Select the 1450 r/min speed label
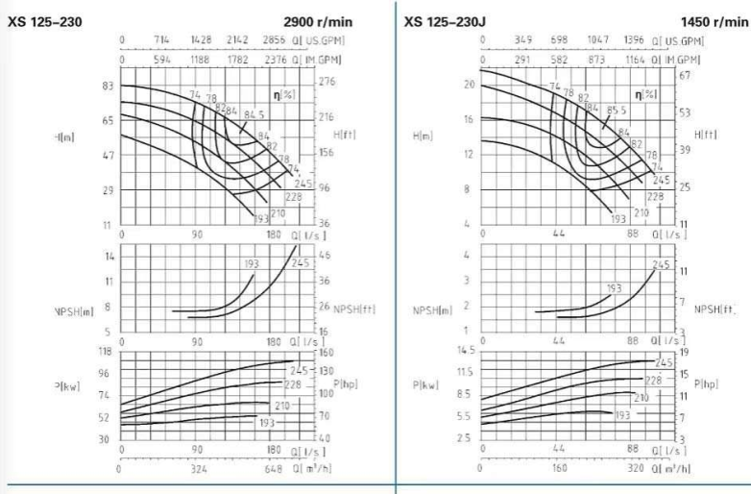click(712, 20)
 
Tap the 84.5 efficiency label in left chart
click(253, 114)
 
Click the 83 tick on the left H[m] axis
click(107, 86)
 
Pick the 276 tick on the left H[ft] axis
click(328, 83)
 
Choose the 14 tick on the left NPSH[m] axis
click(109, 257)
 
